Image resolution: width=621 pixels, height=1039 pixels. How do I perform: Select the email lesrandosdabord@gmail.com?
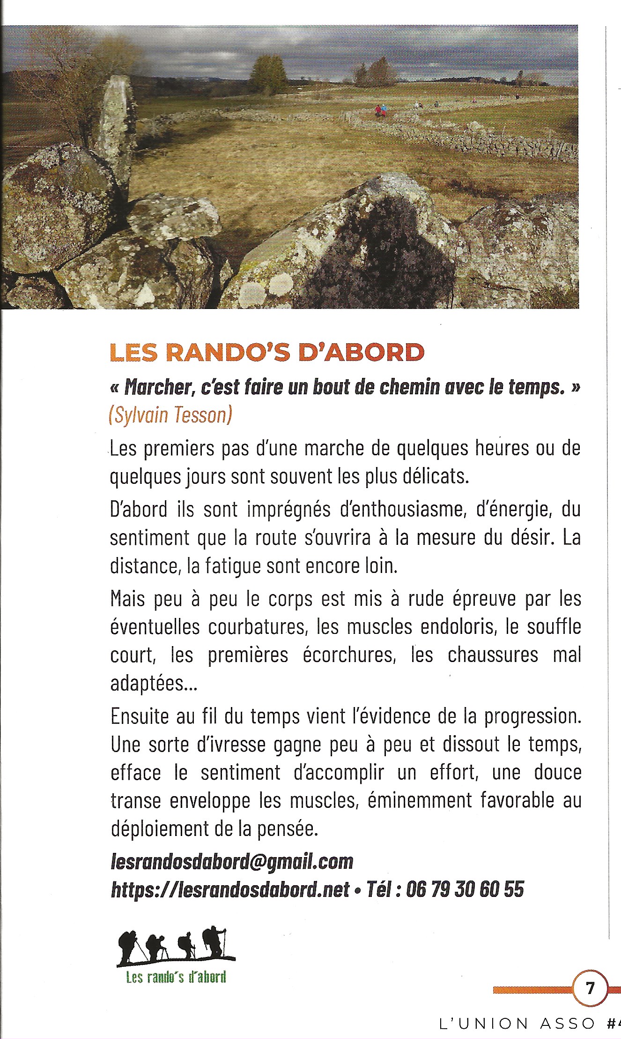pyautogui.click(x=232, y=861)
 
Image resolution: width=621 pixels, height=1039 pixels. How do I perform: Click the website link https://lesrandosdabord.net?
pyautogui.click(x=230, y=889)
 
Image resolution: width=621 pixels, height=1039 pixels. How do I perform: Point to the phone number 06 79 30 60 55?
pyautogui.click(x=465, y=889)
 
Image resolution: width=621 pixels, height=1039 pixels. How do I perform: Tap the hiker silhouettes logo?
pyautogui.click(x=176, y=946)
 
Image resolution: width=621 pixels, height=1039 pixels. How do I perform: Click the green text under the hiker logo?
pyautogui.click(x=176, y=977)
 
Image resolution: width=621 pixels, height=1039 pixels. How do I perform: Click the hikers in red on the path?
pyautogui.click(x=381, y=111)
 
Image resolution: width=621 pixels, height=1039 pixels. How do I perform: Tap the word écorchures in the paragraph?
pyautogui.click(x=349, y=655)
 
